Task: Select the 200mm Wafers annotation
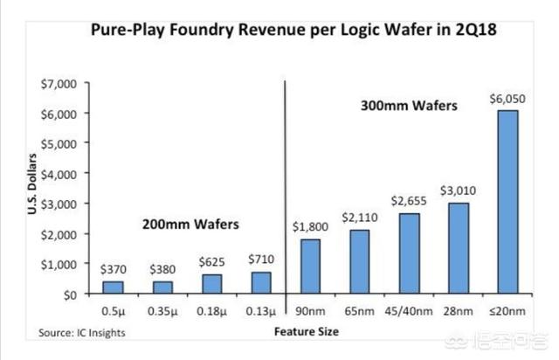(x=190, y=223)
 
